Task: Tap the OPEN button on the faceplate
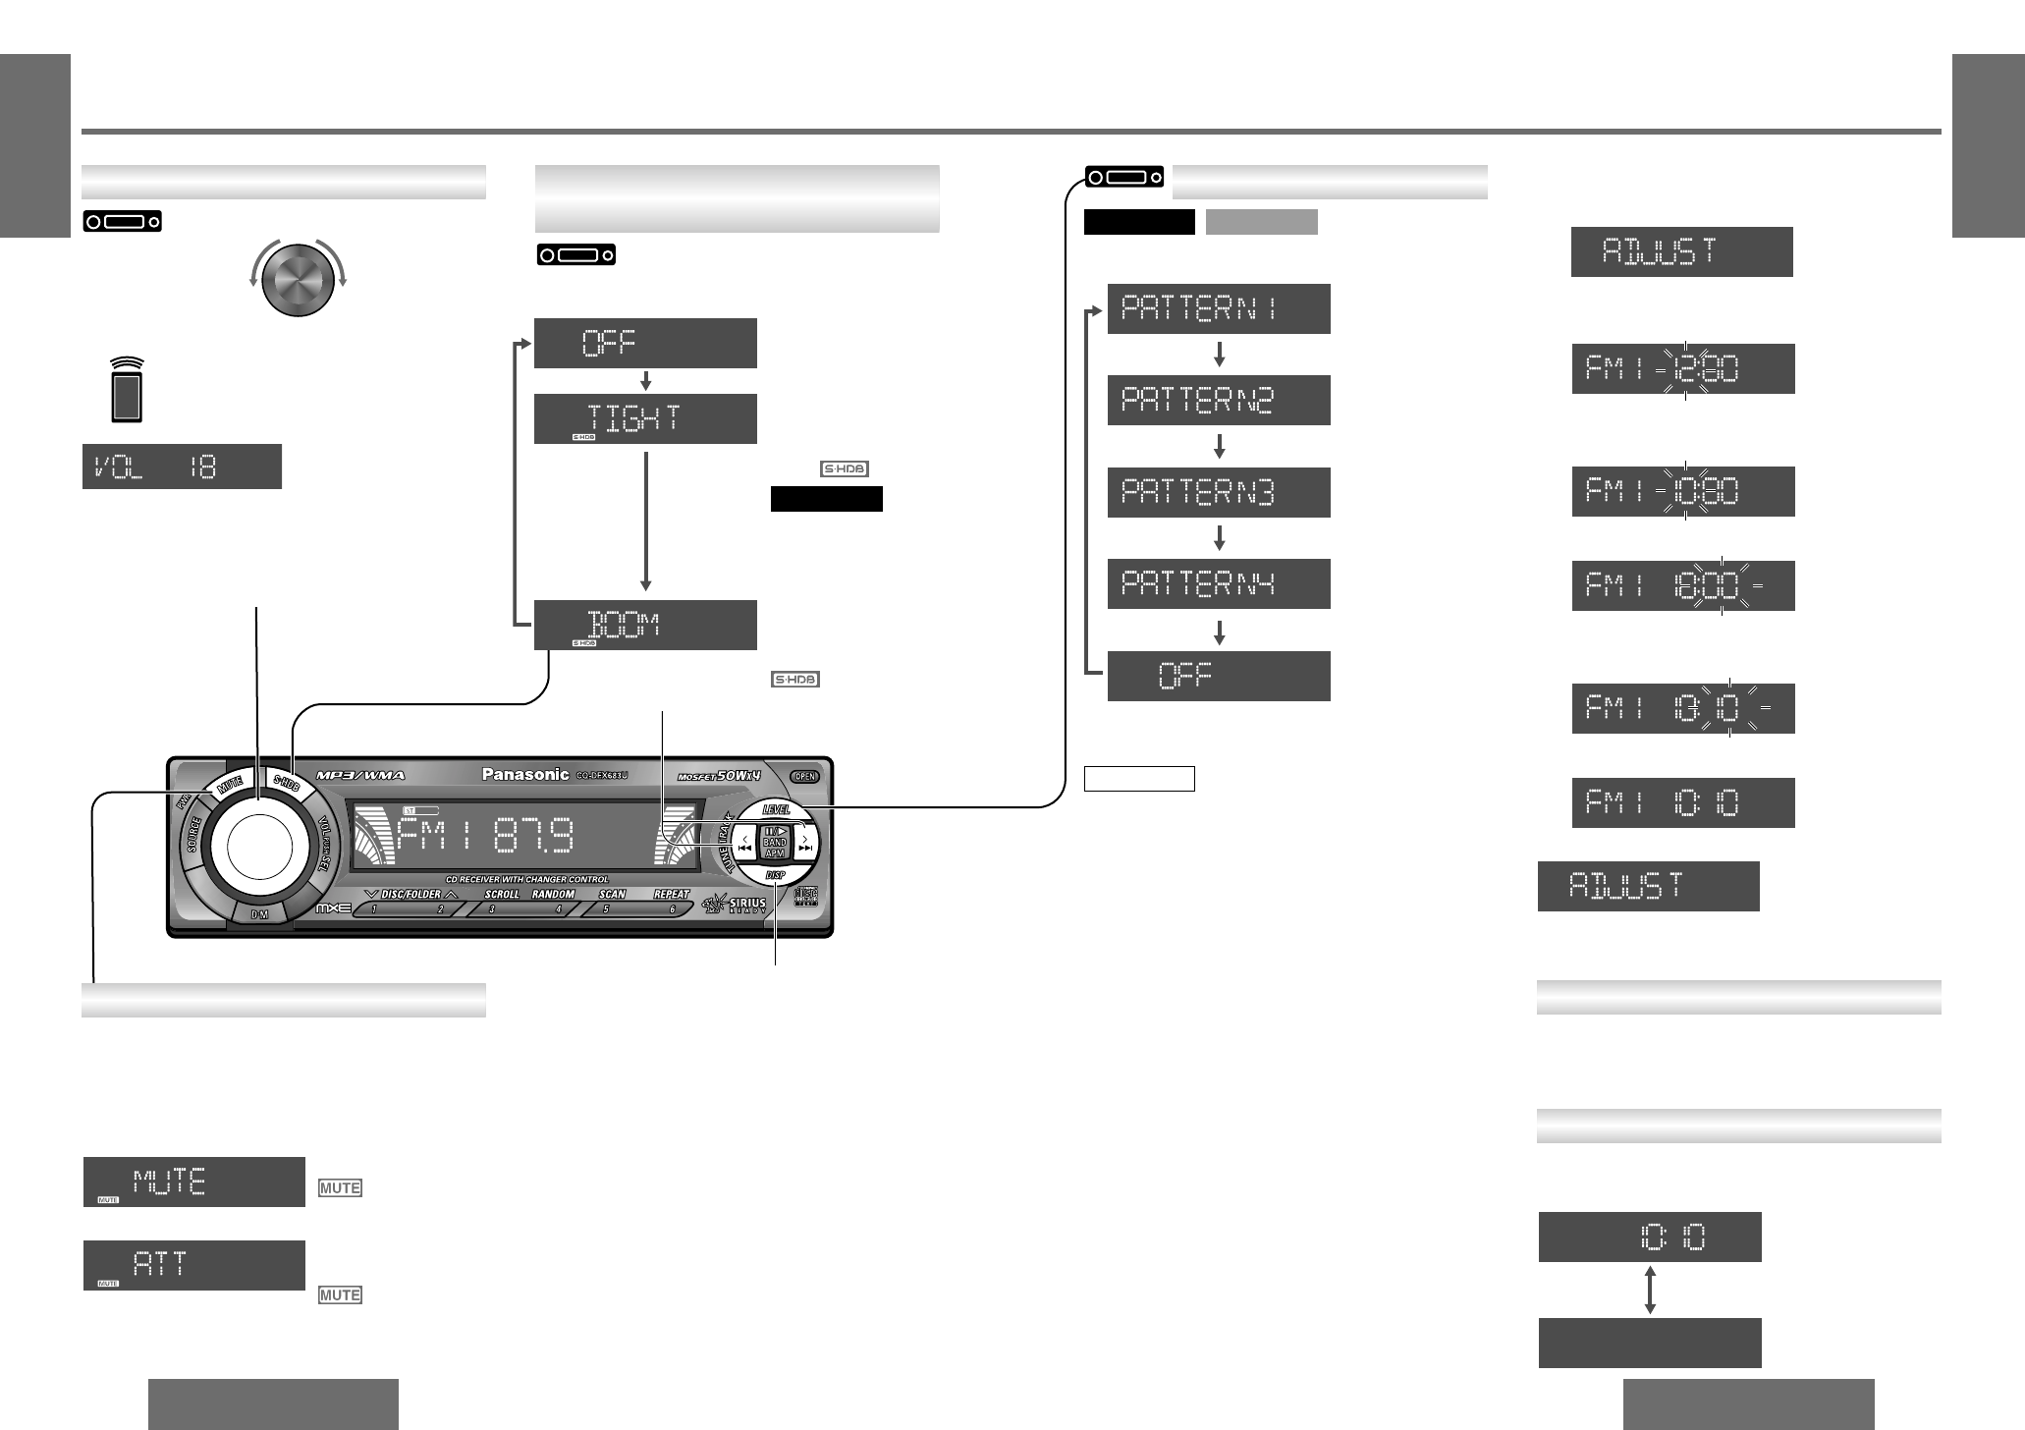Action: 804,776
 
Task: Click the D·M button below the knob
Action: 259,913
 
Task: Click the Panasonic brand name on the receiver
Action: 524,775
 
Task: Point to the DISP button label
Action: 776,881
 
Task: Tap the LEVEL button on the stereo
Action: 776,809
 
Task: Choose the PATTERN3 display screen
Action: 1219,492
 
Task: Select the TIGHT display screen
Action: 645,418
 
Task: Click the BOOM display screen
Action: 645,625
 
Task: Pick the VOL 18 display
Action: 182,467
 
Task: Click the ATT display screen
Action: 193,1265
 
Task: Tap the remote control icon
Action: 126,390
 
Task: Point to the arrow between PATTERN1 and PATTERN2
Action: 1219,354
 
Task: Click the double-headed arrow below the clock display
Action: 1650,1290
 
